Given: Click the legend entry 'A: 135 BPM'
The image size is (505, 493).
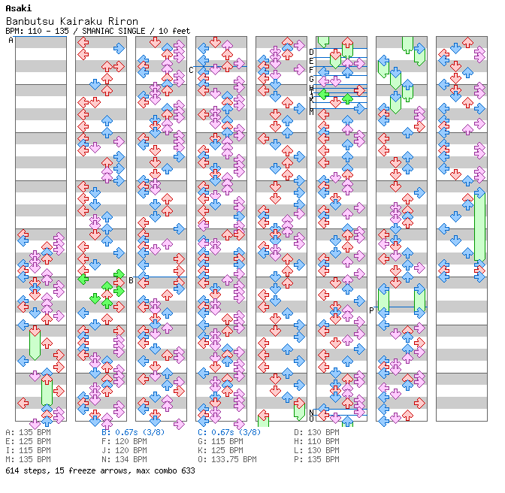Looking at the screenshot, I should (28, 433).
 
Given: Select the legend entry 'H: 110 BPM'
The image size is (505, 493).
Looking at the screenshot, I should (316, 442).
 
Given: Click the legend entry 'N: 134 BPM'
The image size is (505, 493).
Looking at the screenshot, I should (124, 459).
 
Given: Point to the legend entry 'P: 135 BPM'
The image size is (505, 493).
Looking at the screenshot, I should (316, 459).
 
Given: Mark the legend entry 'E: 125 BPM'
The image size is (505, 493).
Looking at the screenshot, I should (28, 442).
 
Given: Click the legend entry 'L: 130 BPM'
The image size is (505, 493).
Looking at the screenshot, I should (316, 450).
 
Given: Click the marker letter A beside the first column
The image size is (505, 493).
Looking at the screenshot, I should (11, 41).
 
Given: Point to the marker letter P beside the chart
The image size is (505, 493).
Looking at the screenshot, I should (371, 310).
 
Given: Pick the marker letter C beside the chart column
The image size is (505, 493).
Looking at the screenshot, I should (191, 70).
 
